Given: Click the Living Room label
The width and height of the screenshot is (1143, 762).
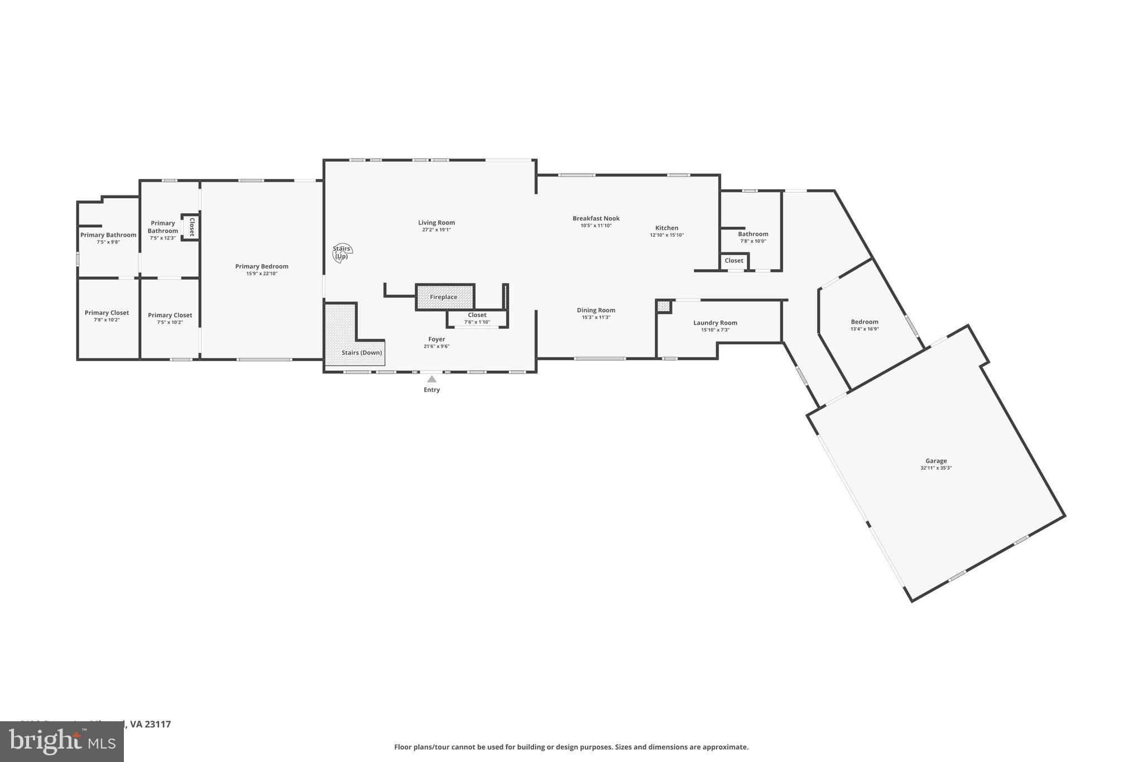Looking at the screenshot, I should point(436,223).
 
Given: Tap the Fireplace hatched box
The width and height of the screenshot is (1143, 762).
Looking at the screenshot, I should point(444,297).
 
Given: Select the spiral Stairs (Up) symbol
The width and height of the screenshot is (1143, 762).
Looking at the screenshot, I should point(342,253).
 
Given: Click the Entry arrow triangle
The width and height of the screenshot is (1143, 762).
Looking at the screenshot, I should point(431,379).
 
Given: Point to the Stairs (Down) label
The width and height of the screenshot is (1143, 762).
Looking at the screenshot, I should point(362,353).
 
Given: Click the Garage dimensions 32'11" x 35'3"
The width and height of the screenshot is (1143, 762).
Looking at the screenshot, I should point(936,468).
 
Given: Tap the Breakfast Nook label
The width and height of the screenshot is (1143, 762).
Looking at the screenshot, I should point(595,218).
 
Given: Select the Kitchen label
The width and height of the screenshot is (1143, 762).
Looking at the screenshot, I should point(666,228).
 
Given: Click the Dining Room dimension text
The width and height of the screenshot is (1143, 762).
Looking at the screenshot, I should point(595,317).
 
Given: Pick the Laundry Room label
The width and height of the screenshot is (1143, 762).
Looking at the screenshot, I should point(715,323).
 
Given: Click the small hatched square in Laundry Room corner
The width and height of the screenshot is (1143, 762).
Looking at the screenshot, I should point(663,306).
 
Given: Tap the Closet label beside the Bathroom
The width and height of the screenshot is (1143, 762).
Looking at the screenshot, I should point(733,261).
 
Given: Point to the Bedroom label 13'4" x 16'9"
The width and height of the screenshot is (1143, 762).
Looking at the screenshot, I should point(864,322).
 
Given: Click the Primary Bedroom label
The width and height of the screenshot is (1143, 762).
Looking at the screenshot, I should point(262,266).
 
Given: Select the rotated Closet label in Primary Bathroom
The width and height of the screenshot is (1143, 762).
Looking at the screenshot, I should point(191,227).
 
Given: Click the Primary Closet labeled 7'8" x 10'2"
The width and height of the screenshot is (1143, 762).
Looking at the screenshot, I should point(107,313).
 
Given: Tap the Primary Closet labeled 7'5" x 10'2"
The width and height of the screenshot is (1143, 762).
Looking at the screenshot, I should point(170,315).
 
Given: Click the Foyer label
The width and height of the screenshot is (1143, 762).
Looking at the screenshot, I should point(436,339).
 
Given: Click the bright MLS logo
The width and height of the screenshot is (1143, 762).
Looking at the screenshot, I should point(61,741).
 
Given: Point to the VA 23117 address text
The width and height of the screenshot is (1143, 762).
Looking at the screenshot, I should point(150,724).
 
